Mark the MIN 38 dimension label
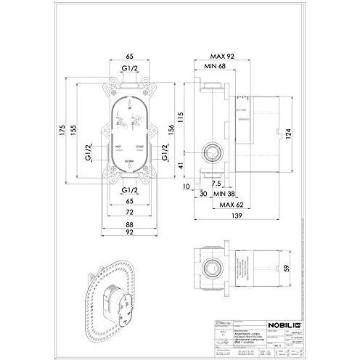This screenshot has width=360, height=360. click(229, 194)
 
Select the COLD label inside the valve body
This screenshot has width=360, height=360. click(142, 147)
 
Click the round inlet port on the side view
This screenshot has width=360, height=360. click(211, 153)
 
